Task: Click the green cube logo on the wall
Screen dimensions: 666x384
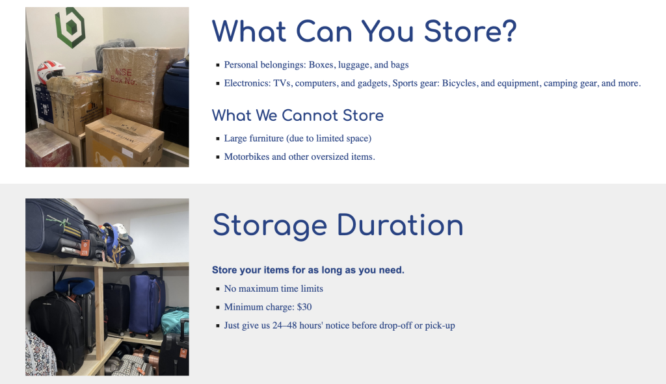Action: coord(70,27)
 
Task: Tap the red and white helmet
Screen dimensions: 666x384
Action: coord(50,71)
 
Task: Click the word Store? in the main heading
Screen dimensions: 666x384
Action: coord(470,31)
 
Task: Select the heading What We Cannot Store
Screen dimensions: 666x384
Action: coord(298,116)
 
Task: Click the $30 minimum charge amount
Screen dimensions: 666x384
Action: coord(304,307)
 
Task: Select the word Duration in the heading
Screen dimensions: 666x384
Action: coord(400,225)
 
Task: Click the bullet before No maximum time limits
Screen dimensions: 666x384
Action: coord(218,289)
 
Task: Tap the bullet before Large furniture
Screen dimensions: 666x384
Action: coord(218,139)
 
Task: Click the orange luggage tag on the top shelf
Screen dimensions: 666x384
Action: coord(85,248)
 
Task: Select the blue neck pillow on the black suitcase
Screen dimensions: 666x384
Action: coord(74,286)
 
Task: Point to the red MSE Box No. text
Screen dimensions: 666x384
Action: coord(124,77)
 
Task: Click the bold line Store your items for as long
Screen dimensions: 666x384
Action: coord(308,270)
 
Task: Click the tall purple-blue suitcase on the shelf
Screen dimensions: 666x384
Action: coord(146,304)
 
